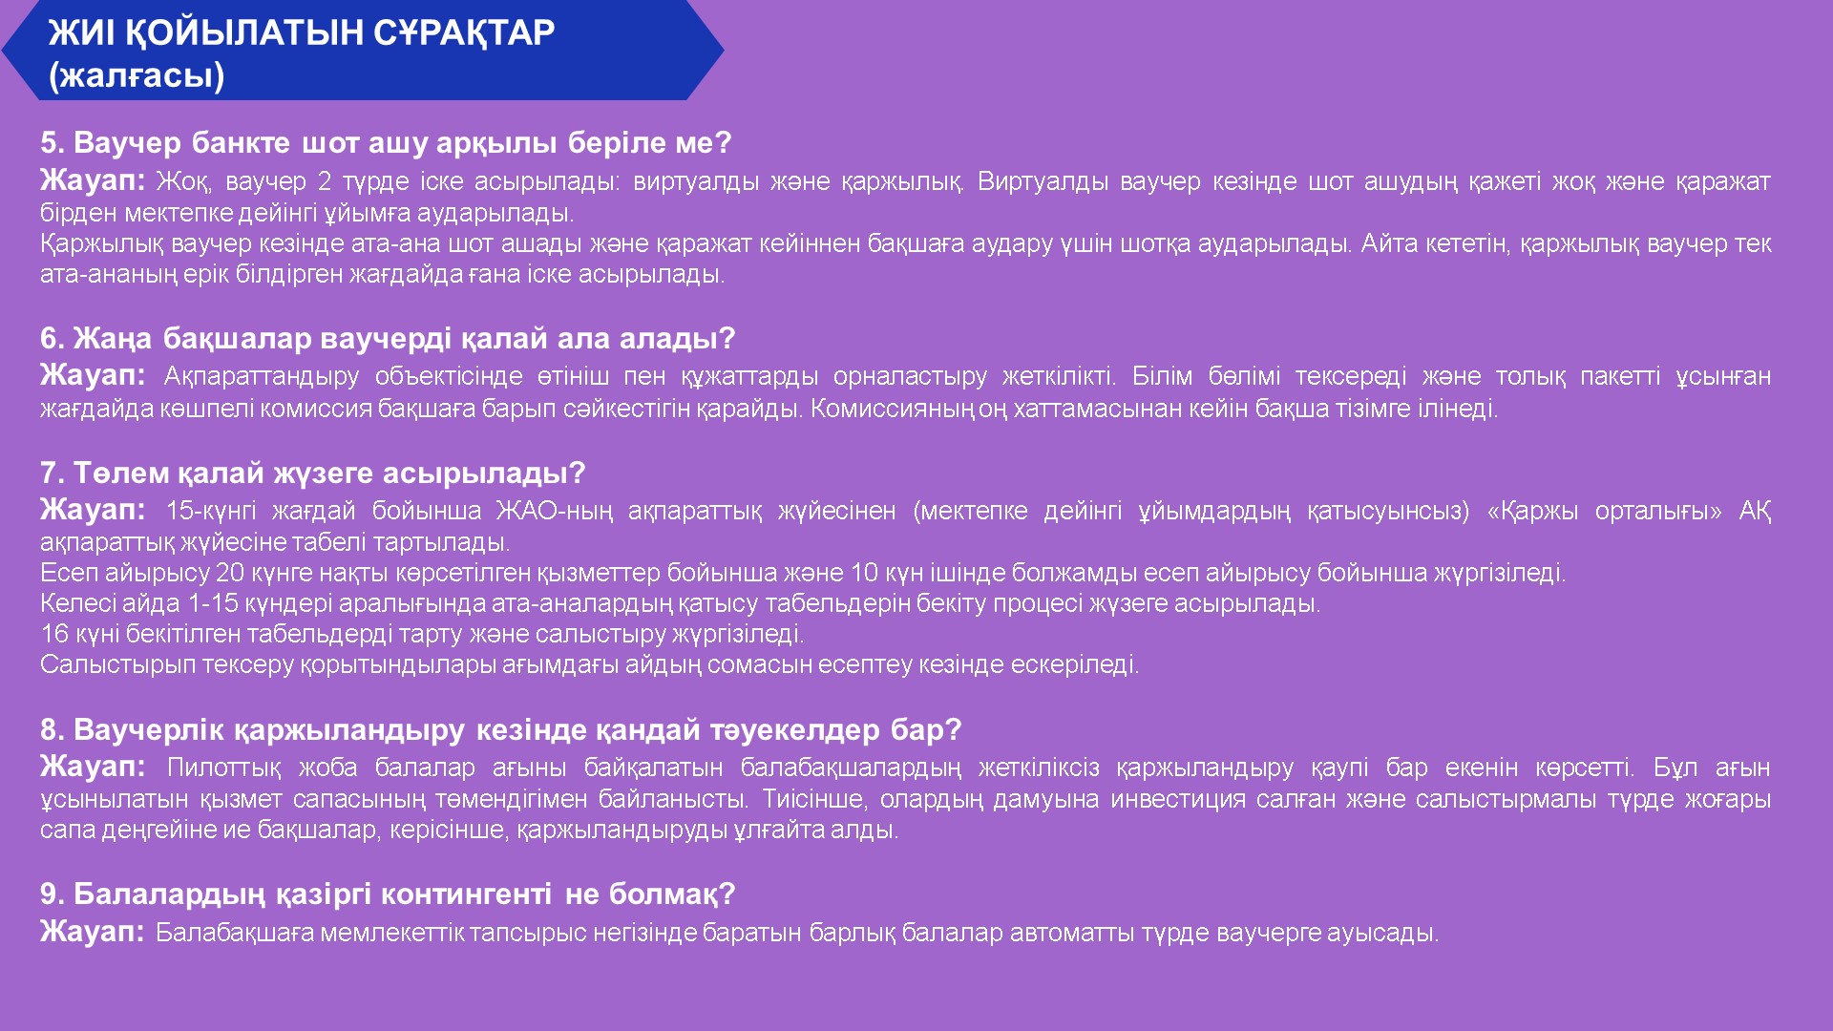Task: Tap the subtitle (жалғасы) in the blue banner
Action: click(137, 75)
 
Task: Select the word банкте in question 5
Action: click(241, 143)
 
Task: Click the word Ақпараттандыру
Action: click(262, 377)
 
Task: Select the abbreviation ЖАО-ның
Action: click(554, 511)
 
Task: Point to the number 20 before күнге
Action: click(230, 573)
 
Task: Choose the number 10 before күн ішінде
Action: click(864, 573)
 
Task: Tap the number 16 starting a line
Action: click(54, 634)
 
